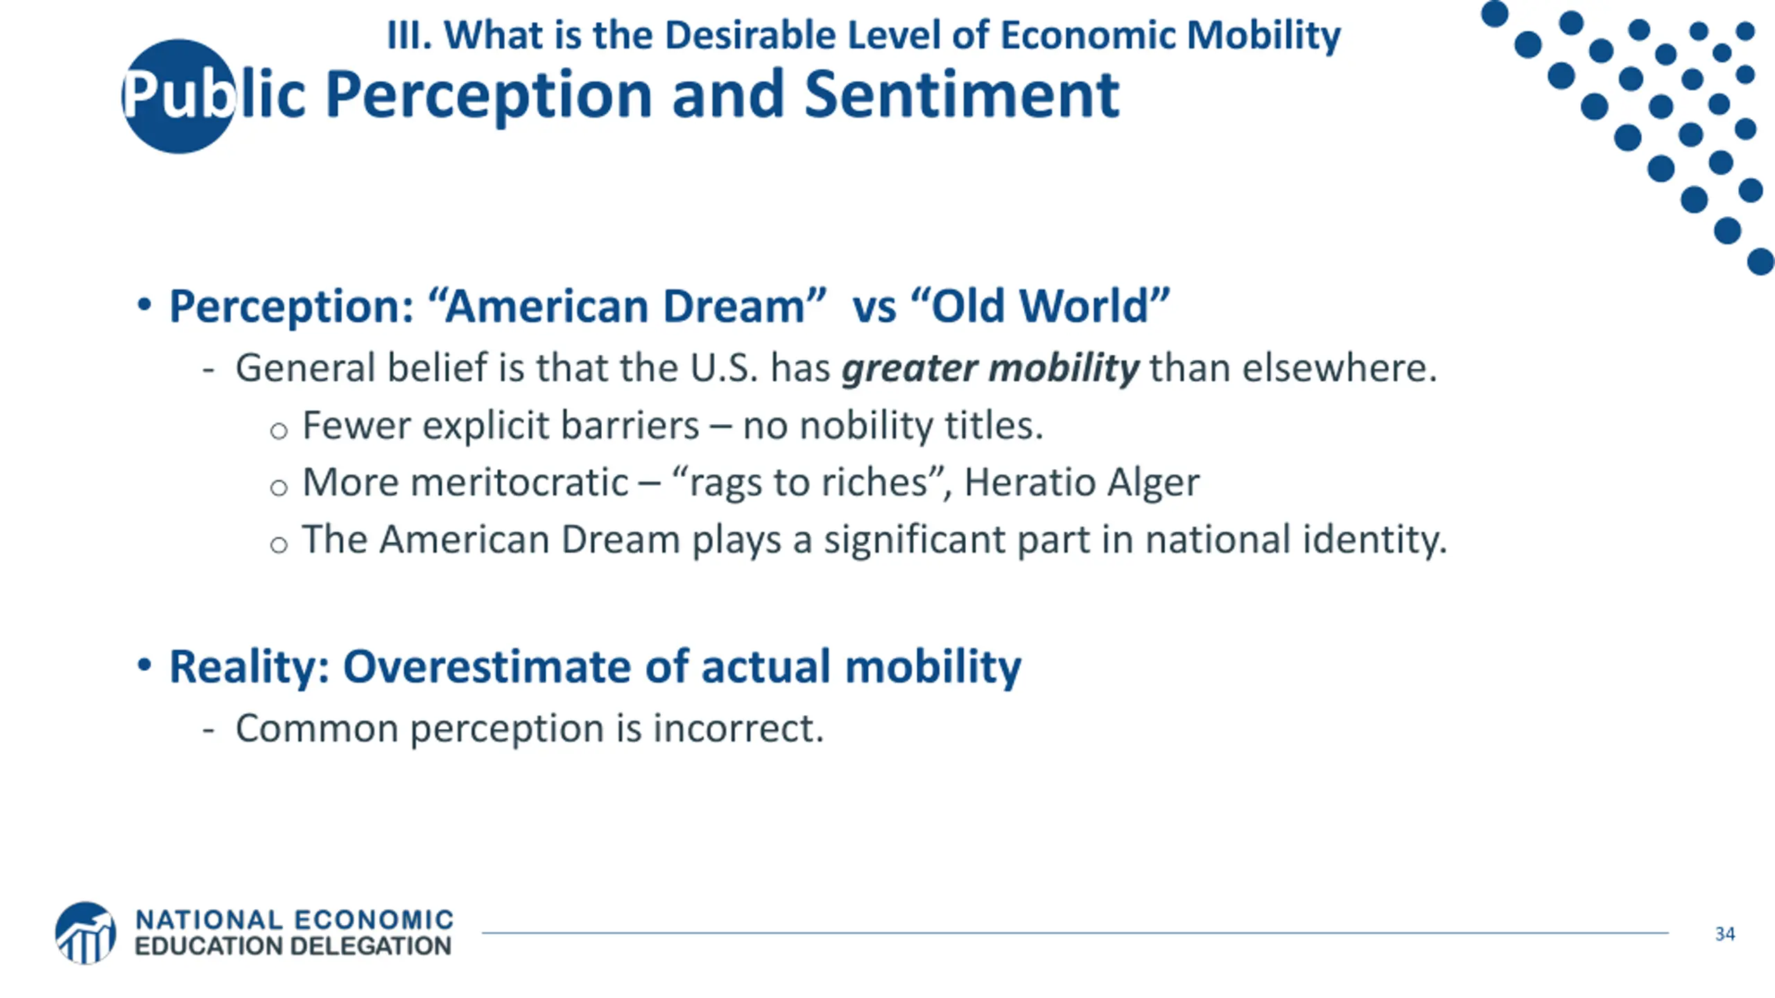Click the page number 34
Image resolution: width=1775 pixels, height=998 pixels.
coord(1725,934)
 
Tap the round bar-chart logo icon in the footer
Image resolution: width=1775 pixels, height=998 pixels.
coord(85,933)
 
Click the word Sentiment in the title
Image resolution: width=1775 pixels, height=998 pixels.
coord(962,95)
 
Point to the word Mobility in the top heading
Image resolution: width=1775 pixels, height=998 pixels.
coord(1263,35)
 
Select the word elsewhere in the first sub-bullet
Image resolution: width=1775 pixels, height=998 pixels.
coord(1339,368)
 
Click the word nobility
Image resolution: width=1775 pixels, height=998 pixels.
coord(866,425)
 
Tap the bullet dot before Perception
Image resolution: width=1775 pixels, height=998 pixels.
coord(144,304)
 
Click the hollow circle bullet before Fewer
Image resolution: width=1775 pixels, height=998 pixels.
coord(279,431)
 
